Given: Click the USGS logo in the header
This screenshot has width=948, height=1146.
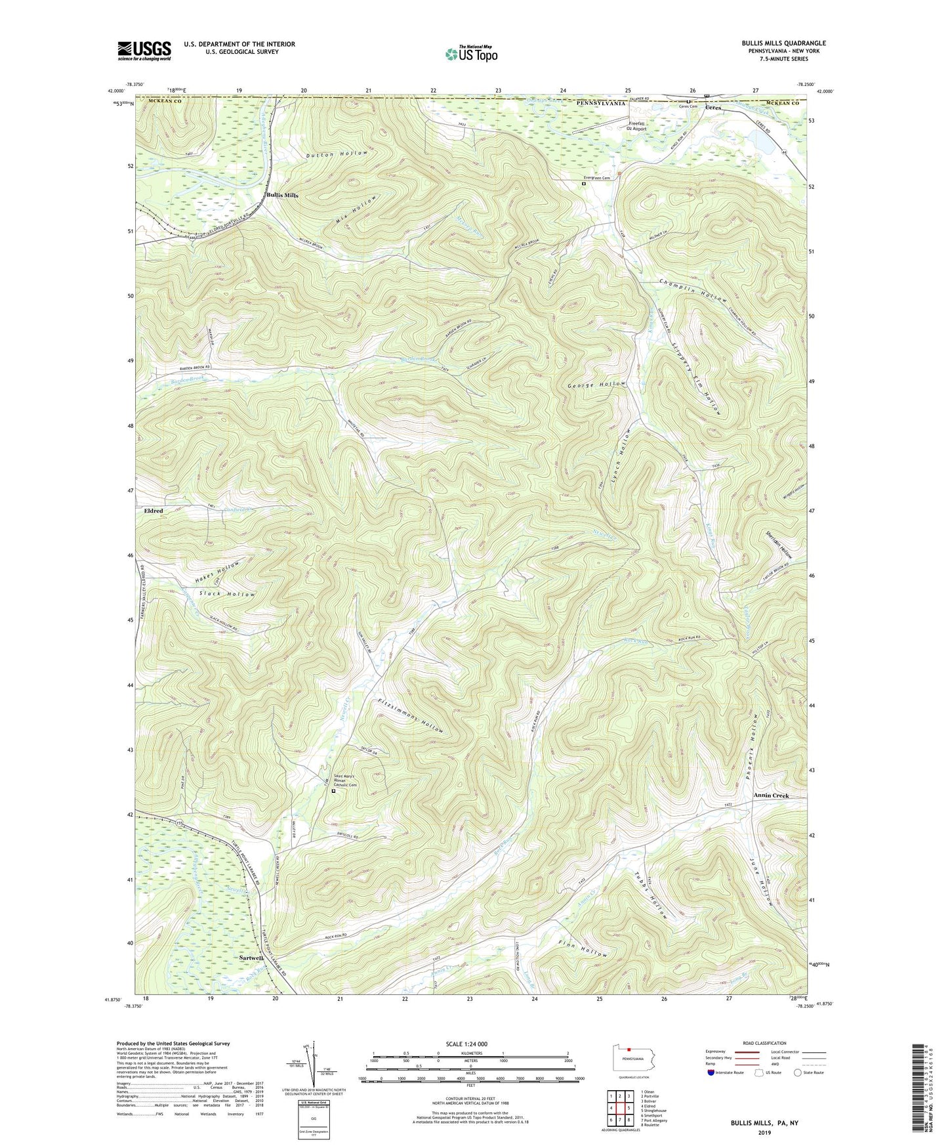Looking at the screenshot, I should click(x=144, y=51).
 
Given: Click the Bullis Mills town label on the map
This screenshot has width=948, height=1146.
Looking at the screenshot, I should click(x=283, y=196).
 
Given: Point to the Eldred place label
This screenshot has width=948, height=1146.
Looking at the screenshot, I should click(x=154, y=511).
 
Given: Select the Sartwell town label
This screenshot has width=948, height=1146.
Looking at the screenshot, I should click(x=251, y=958).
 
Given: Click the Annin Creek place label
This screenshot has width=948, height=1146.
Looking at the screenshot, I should click(x=771, y=796).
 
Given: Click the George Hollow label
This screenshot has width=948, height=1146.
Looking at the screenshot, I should click(x=596, y=385).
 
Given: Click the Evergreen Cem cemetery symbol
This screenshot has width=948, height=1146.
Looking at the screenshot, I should click(x=583, y=184).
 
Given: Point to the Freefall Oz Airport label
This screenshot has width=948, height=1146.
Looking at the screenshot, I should click(x=638, y=127).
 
